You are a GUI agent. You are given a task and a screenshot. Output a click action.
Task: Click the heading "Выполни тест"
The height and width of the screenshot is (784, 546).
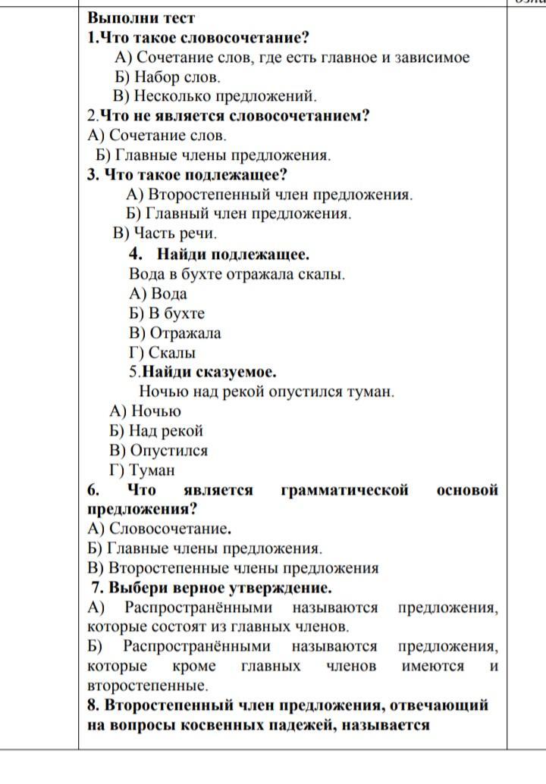coord(141,18)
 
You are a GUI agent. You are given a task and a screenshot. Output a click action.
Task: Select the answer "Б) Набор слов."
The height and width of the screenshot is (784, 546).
coord(168,77)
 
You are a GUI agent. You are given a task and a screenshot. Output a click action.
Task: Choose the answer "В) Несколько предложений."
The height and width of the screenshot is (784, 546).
coord(215,96)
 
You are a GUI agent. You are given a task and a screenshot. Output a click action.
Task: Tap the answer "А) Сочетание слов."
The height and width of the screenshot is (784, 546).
coord(157,136)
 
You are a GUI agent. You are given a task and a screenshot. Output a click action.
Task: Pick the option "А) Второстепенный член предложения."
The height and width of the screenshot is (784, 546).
coord(270,195)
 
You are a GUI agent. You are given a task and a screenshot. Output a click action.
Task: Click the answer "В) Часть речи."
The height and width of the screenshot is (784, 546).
coord(165,233)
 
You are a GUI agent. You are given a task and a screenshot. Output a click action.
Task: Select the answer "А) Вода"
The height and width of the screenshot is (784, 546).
coord(158,294)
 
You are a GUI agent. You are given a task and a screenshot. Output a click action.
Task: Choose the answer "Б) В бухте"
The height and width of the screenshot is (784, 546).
coord(167,314)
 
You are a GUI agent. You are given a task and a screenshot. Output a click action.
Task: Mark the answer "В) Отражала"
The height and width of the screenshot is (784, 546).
coord(175,333)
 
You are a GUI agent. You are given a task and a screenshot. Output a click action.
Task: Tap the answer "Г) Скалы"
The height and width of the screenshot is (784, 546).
coord(162,353)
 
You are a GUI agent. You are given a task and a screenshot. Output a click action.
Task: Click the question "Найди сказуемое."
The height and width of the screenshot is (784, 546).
coord(202,372)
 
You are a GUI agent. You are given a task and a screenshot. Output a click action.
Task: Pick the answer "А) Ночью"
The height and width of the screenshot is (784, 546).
coord(146,411)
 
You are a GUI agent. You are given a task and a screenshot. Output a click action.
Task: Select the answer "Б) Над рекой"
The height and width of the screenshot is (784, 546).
coord(156,431)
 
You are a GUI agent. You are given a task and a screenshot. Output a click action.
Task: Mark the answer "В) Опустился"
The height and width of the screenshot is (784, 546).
coord(158,451)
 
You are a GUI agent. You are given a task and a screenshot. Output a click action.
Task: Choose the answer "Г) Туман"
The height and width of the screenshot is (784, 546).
coord(142,470)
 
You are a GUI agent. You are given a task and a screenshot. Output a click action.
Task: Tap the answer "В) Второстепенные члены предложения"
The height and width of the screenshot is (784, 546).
coord(233,568)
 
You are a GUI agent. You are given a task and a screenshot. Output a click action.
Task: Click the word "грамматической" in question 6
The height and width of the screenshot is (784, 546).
coord(344,490)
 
